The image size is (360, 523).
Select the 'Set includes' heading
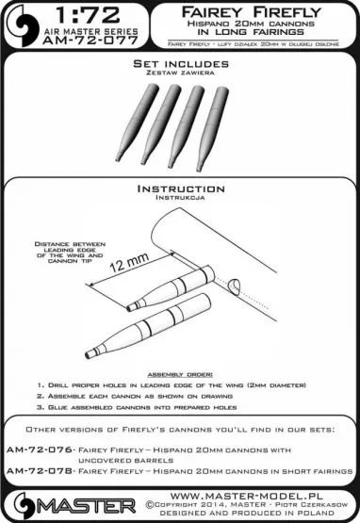(x=179, y=89)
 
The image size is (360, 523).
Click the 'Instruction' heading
(x=179, y=188)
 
